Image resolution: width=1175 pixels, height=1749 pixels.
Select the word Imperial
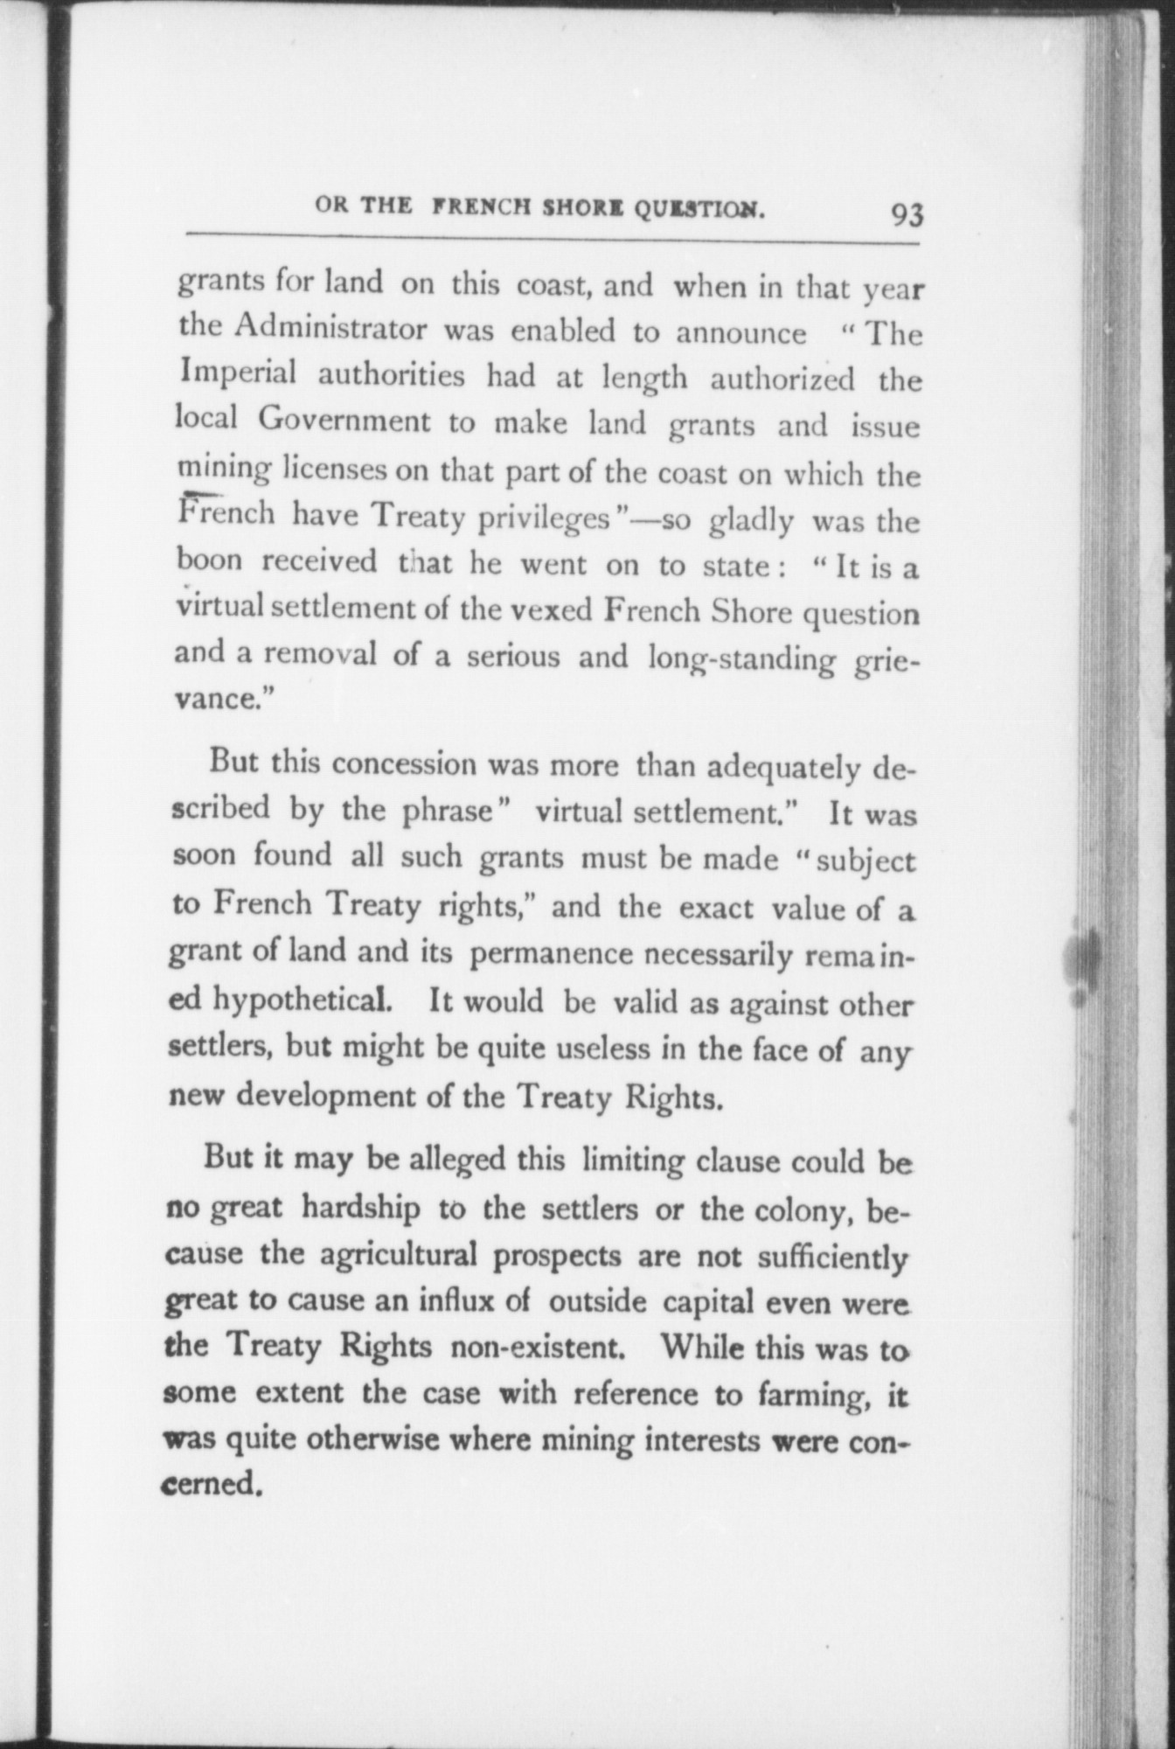tap(236, 376)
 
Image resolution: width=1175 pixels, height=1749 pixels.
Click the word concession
tap(404, 765)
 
